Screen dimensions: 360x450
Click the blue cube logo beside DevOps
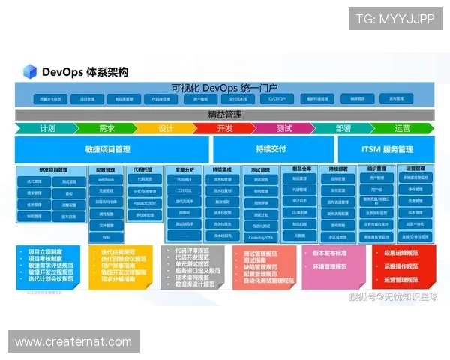pyautogui.click(x=30, y=72)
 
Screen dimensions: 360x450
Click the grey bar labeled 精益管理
pyautogui.click(x=225, y=115)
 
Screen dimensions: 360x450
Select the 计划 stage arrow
pyautogui.click(x=47, y=128)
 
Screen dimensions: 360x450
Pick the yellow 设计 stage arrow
pyautogui.click(x=166, y=128)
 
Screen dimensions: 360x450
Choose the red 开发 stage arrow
pyautogui.click(x=225, y=128)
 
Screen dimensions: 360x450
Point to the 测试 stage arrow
pyautogui.click(x=284, y=128)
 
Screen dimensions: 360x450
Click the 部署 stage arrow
pyautogui.click(x=343, y=128)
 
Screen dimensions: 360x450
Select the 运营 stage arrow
pyautogui.click(x=403, y=128)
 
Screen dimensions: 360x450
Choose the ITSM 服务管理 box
pyautogui.click(x=387, y=149)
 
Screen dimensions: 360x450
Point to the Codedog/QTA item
pyautogui.click(x=261, y=236)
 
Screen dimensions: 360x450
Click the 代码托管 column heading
pyautogui.click(x=144, y=170)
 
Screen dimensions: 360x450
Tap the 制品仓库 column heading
pyautogui.click(x=300, y=170)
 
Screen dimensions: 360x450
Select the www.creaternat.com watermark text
pyautogui.click(x=75, y=342)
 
